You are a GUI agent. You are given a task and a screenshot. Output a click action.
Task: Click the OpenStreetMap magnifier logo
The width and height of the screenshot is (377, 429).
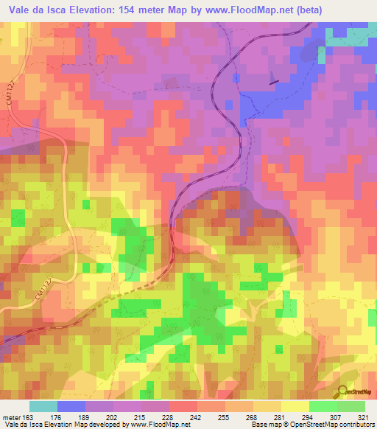coord(342,392)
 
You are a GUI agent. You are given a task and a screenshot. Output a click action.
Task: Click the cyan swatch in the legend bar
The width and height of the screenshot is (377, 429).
coord(43,407)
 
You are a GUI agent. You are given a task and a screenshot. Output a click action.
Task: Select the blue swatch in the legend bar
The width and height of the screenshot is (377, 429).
coord(71,407)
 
